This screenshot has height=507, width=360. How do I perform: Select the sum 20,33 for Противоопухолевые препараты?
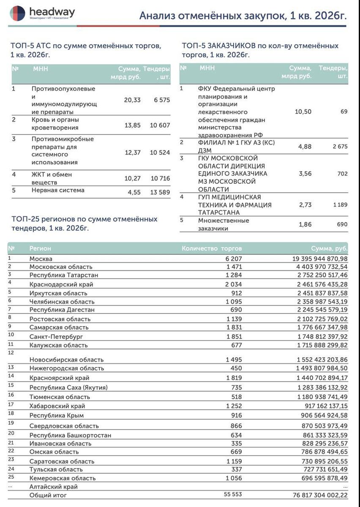coord(132,100)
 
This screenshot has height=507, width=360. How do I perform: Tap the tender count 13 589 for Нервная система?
coord(160,190)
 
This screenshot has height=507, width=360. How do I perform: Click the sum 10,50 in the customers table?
coord(303,112)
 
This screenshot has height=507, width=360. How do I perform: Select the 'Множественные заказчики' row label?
coord(224,224)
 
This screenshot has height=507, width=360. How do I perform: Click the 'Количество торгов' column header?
coord(212,248)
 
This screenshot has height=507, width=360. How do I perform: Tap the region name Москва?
coord(41,259)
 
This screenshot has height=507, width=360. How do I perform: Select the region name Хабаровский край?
coord(57,406)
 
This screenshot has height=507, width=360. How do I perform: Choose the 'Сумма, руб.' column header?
coord(329,248)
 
